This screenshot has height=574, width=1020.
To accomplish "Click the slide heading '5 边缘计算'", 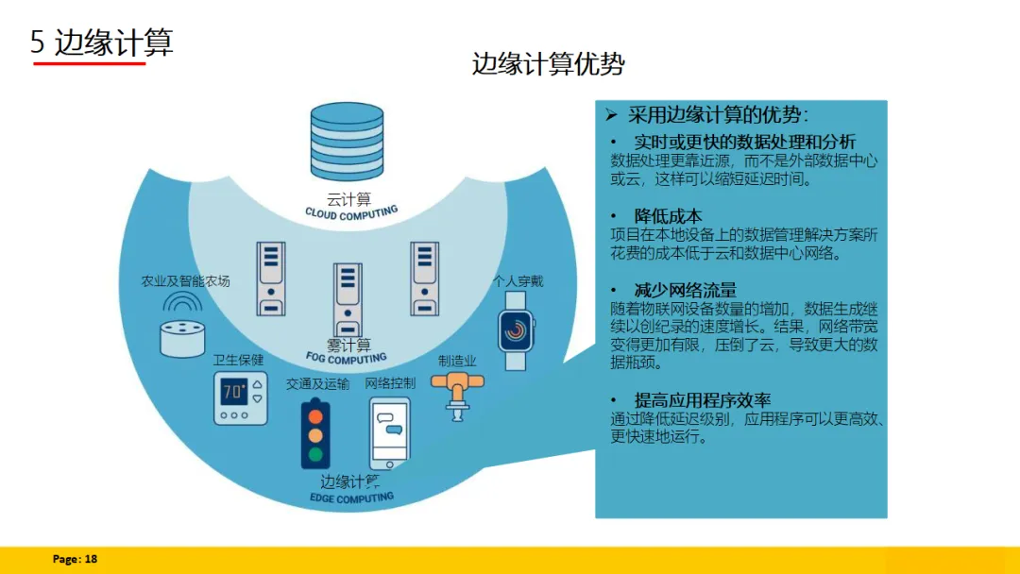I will pyautogui.click(x=102, y=42).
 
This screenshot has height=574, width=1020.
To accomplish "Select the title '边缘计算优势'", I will pyautogui.click(x=548, y=64).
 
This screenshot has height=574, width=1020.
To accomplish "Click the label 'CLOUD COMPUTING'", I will pyautogui.click(x=351, y=213).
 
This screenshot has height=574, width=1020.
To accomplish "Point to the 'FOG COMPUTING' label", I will pyautogui.click(x=347, y=359).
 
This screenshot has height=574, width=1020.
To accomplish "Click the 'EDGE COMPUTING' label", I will pyautogui.click(x=351, y=498).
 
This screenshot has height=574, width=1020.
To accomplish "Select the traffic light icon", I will pyautogui.click(x=315, y=433).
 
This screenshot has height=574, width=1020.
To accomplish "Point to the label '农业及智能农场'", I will pyautogui.click(x=185, y=281).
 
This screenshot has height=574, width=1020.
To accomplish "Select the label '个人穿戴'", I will pyautogui.click(x=518, y=280).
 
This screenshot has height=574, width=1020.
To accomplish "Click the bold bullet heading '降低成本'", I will pyautogui.click(x=668, y=215).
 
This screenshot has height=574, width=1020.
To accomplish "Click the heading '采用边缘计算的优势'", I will pyautogui.click(x=718, y=115).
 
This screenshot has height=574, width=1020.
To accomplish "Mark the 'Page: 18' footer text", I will pyautogui.click(x=75, y=559).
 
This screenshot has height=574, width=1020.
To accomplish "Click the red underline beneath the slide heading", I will pyautogui.click(x=90, y=63).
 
